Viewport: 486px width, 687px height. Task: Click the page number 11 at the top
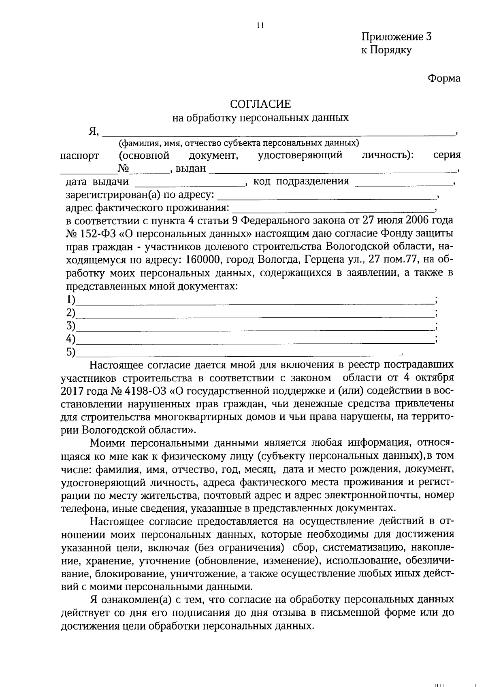pos(260,26)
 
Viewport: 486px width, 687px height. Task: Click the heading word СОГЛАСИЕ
pos(260,104)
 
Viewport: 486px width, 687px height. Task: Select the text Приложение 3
pos(396,37)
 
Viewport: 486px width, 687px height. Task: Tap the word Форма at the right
pos(444,79)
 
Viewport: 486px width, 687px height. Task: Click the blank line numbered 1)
pos(254,300)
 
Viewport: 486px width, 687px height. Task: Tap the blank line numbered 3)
pos(254,327)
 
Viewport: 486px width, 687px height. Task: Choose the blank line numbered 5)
pos(238,353)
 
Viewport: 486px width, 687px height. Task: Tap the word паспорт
pos(80,156)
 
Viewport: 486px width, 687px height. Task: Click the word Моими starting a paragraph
pos(106,442)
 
